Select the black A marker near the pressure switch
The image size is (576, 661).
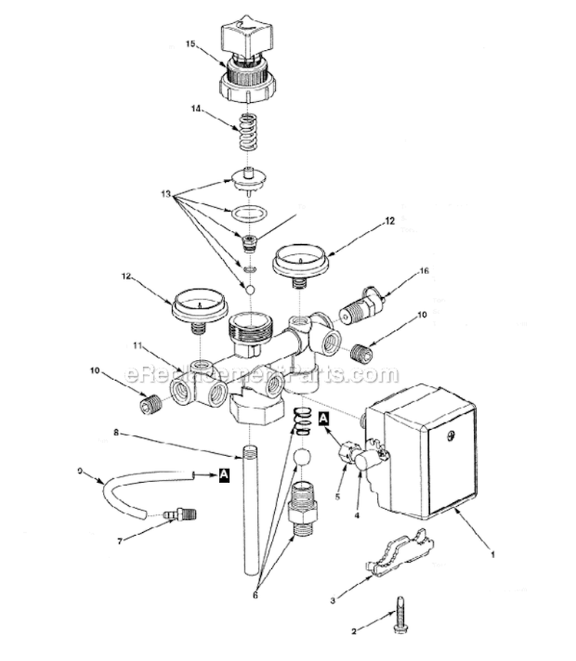click(323, 418)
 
